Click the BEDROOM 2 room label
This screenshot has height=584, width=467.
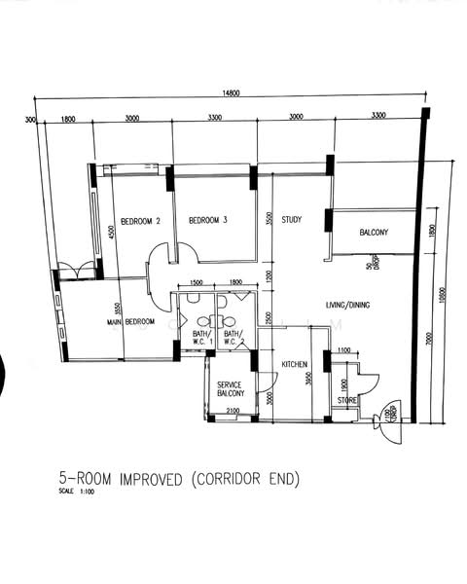[x=139, y=220]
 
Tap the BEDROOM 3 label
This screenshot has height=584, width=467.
[x=207, y=220]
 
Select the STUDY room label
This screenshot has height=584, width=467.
[x=291, y=220]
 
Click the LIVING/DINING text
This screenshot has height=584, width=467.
[x=347, y=306]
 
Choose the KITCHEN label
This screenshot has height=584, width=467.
[x=295, y=365]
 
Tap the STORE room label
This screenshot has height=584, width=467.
[x=346, y=400]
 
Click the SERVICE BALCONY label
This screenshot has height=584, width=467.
[x=230, y=389]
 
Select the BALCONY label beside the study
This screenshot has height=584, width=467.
[x=374, y=233]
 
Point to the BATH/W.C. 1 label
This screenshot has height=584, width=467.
[x=202, y=338]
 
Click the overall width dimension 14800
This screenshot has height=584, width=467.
[x=231, y=93]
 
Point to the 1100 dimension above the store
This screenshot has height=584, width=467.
[x=342, y=350]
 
